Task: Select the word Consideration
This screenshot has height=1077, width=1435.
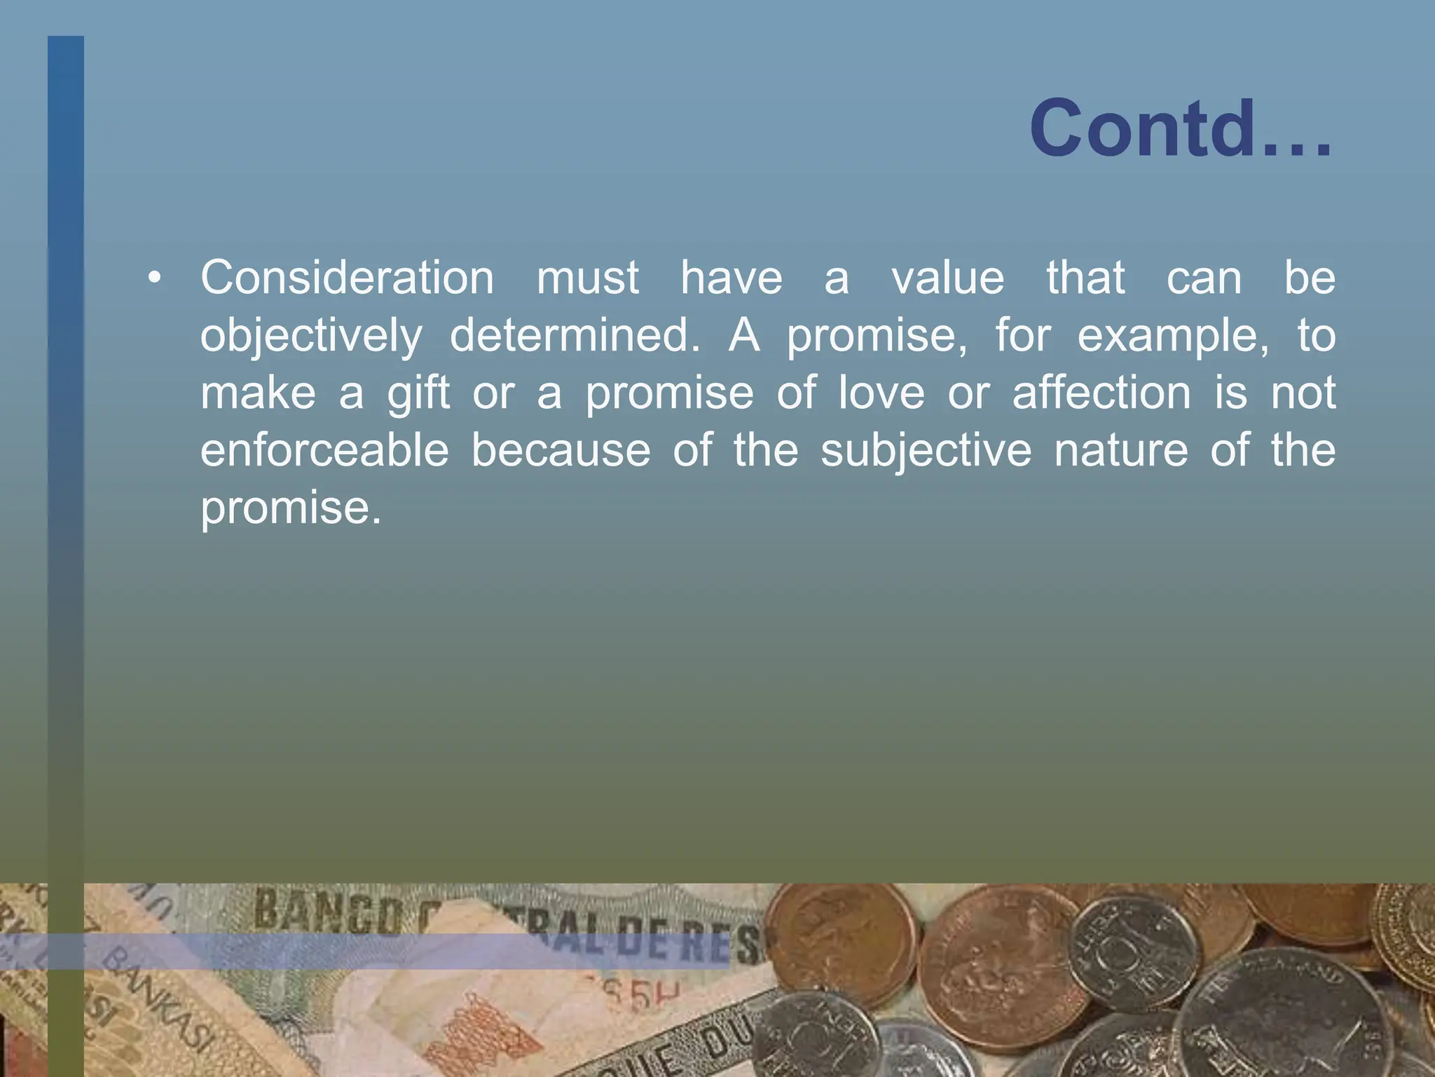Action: tap(348, 278)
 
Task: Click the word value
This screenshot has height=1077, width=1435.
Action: tap(948, 278)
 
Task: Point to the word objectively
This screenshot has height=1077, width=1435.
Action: tap(311, 337)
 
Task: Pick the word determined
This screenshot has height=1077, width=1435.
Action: tap(575, 335)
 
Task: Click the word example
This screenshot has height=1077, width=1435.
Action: tap(1173, 337)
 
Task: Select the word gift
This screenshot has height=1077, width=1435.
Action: tap(418, 393)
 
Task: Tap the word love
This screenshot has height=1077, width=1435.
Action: tap(881, 393)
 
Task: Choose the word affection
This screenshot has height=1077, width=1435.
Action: tap(1101, 393)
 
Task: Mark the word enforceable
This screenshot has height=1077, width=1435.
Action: tap(324, 450)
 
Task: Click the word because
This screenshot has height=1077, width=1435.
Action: tap(561, 450)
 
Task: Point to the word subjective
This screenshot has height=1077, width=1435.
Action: tap(926, 452)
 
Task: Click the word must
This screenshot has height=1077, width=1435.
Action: tap(588, 278)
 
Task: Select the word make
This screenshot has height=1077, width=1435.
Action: tap(259, 393)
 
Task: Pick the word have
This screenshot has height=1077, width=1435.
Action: tap(732, 278)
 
